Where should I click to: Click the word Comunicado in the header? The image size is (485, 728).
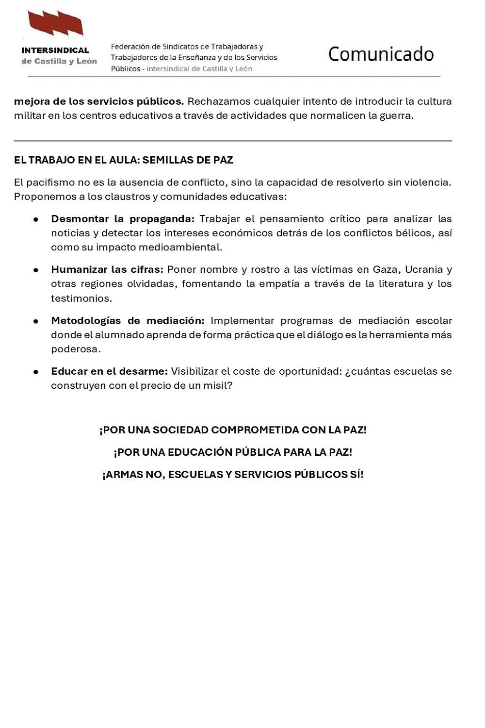tap(381, 54)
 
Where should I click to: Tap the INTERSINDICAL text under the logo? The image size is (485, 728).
tap(55, 50)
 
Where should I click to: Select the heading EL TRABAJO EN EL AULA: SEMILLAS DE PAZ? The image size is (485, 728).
tap(124, 160)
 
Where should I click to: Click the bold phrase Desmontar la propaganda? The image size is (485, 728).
tap(123, 219)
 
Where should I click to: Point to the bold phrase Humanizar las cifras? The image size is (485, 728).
tap(107, 270)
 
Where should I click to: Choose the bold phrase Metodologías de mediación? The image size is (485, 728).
tap(128, 321)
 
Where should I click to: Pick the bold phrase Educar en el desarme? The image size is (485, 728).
tap(109, 372)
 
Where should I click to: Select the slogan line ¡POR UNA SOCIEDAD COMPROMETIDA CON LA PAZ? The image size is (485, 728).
tap(233, 430)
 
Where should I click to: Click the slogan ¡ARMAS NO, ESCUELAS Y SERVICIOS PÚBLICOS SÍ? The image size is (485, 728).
tap(233, 475)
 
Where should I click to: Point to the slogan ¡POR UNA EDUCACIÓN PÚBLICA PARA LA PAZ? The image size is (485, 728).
tap(233, 452)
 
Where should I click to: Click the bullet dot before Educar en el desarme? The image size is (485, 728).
tap(36, 372)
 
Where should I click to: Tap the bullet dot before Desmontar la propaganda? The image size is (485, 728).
tap(36, 219)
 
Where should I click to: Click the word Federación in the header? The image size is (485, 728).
tap(129, 47)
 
